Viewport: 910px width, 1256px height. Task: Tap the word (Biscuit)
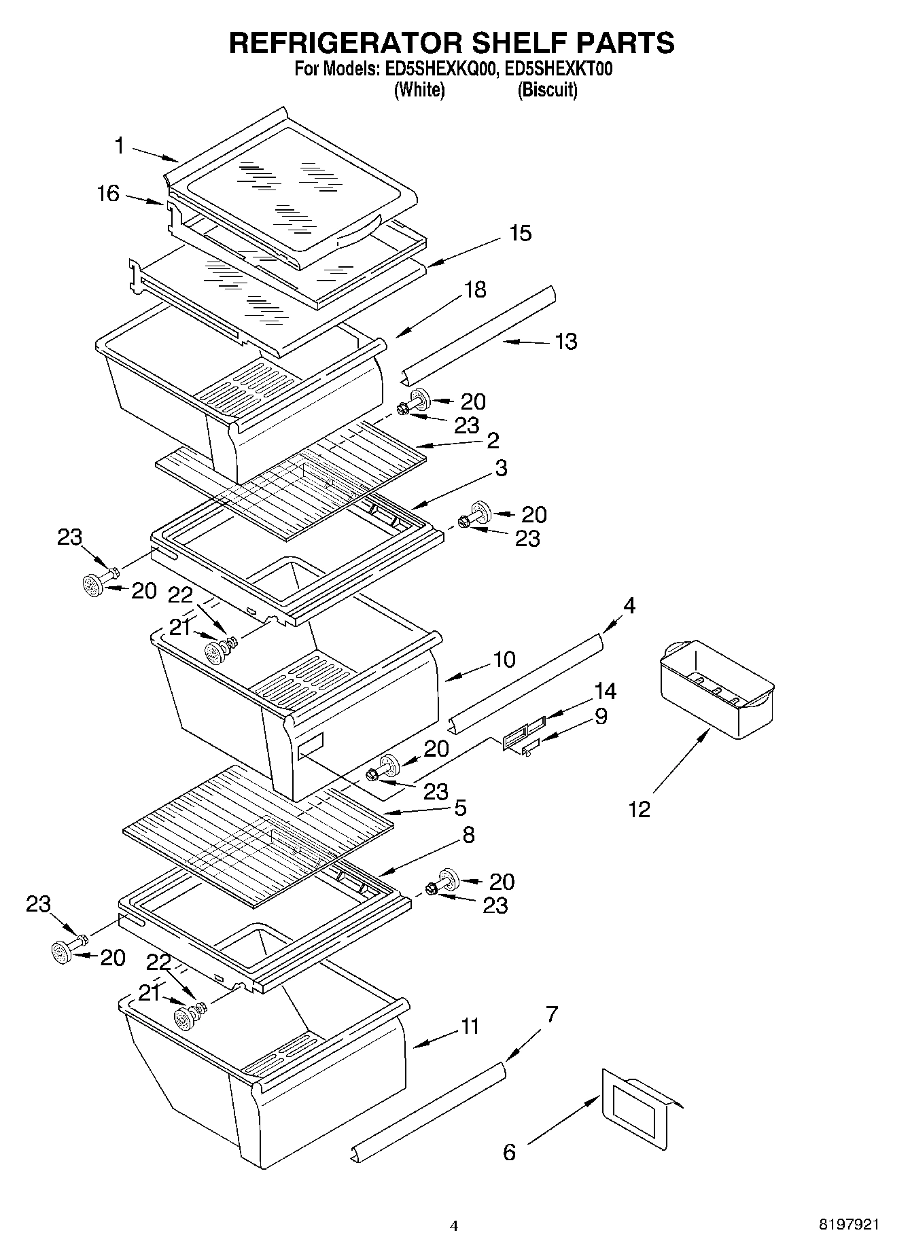tap(547, 90)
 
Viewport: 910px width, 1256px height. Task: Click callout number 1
tap(119, 145)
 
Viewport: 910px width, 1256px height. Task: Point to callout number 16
tap(107, 194)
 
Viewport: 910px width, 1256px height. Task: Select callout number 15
tap(521, 233)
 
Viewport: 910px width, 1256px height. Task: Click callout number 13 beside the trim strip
tap(566, 341)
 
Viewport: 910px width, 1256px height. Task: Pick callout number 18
tap(475, 289)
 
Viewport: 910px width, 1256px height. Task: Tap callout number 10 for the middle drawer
tap(504, 659)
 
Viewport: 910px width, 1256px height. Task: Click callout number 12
tap(640, 809)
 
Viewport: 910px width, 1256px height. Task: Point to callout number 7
tap(551, 1015)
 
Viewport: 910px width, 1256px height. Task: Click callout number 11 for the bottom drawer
tap(470, 1026)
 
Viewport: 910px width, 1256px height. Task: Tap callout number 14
tap(605, 692)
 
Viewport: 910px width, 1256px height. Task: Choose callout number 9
tap(601, 716)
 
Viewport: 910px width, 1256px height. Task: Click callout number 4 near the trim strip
tap(629, 605)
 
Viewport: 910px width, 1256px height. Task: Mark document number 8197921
tap(848, 1225)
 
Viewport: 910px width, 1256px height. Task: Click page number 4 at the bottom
tap(454, 1226)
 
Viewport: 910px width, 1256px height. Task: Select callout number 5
tap(460, 808)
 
